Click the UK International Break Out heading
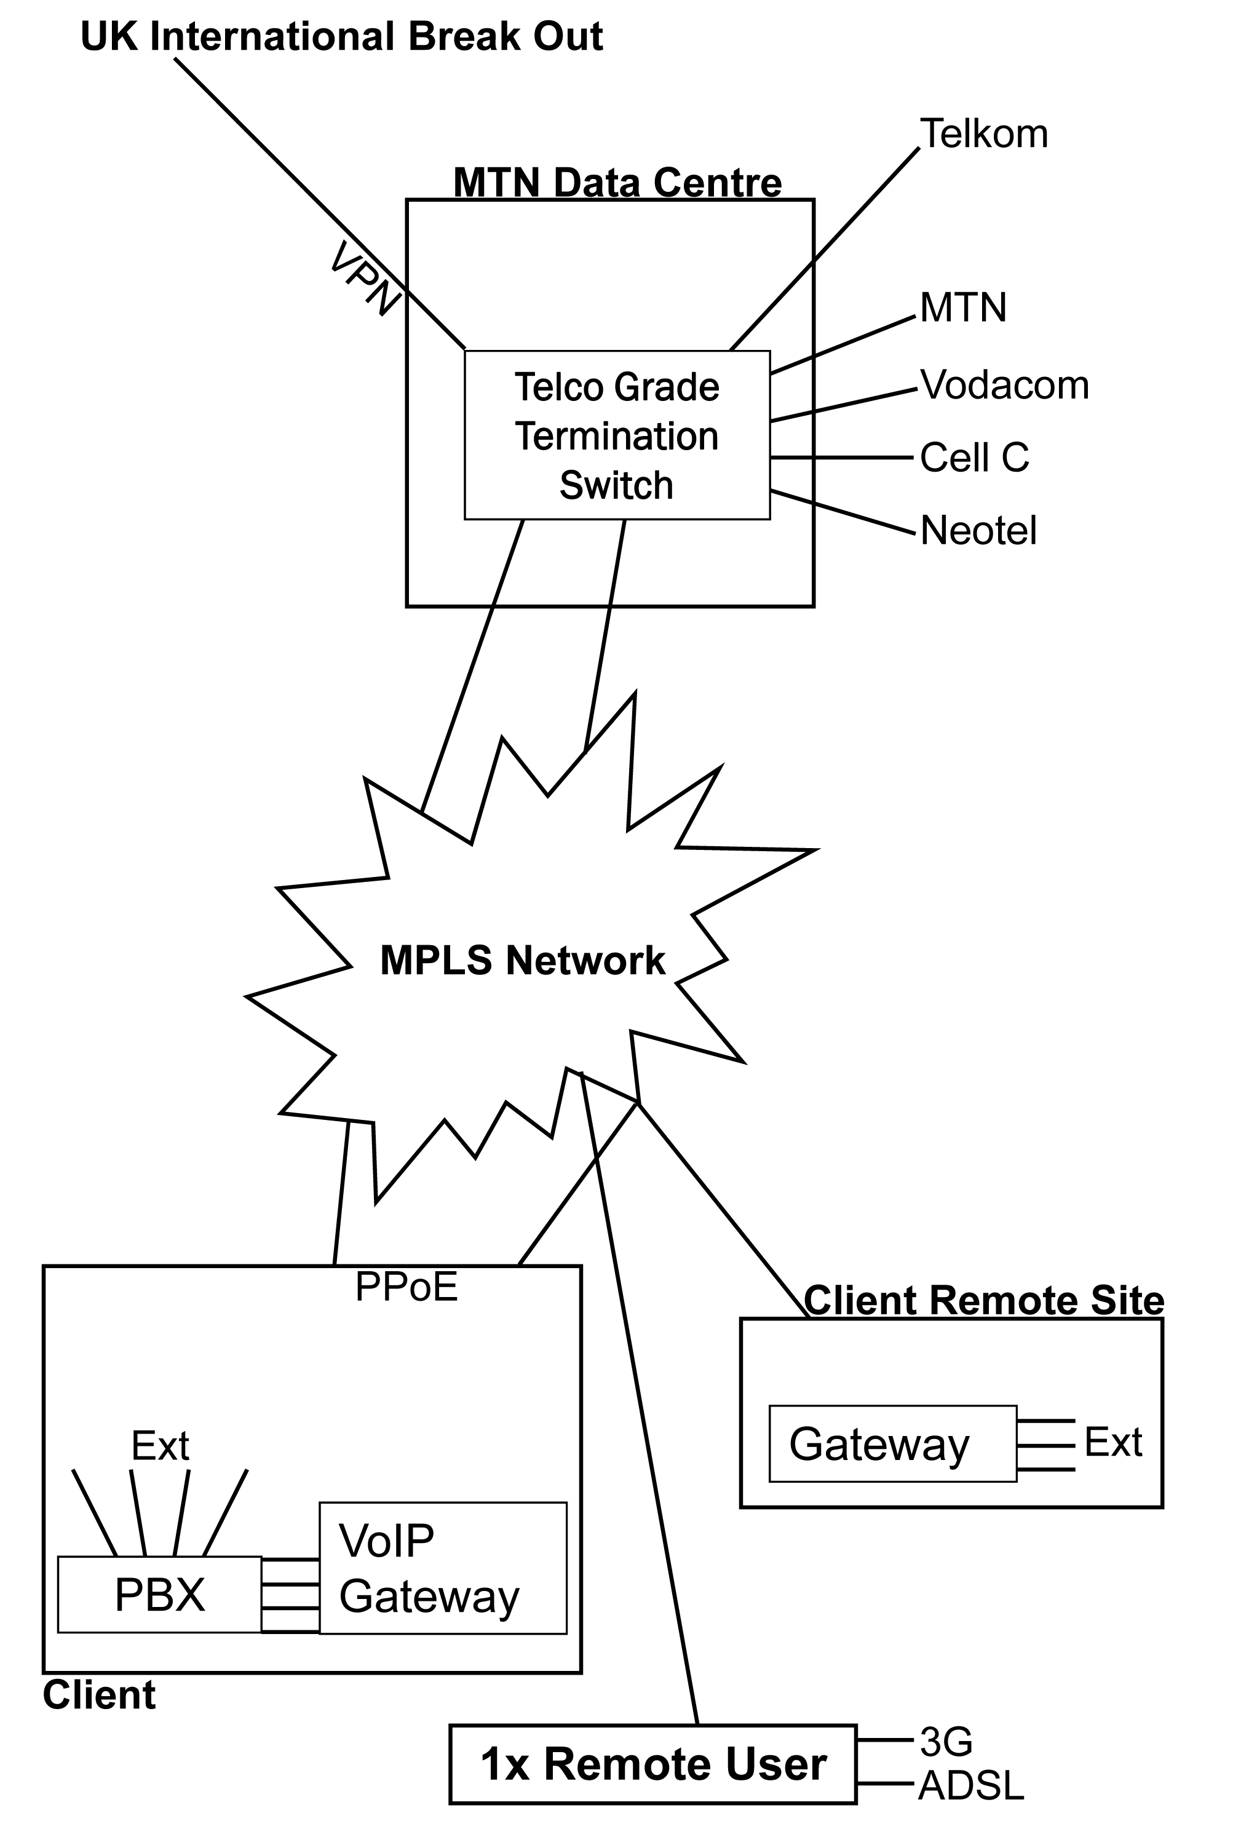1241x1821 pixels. tap(341, 37)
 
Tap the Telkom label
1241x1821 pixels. tap(983, 134)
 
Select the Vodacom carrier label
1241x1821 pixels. tap(1004, 386)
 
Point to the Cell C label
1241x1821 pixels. tap(974, 458)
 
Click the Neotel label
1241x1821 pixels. tap(978, 531)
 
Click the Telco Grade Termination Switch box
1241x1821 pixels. tap(617, 435)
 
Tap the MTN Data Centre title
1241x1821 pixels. tap(617, 183)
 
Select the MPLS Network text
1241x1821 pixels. tap(523, 961)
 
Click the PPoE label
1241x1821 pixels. tap(406, 1287)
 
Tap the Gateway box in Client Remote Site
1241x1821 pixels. tap(892, 1444)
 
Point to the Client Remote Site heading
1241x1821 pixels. tap(983, 1301)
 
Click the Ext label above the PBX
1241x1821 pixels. tap(160, 1446)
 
